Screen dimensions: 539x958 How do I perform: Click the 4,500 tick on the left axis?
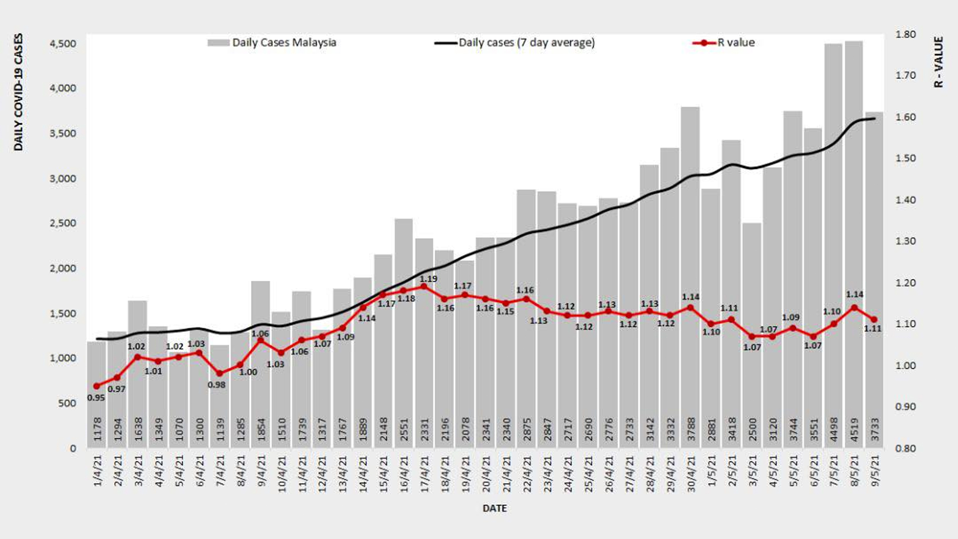coord(63,44)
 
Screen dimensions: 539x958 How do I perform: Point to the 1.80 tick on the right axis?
coord(906,34)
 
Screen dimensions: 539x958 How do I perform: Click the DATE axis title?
coord(494,509)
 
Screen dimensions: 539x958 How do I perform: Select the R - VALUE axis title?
coord(939,62)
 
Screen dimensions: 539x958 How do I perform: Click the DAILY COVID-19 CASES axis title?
coord(18,92)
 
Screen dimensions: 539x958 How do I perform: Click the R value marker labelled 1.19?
coord(424,287)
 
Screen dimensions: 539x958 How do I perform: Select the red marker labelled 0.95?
coord(97,386)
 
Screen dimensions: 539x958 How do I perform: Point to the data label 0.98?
coord(217,385)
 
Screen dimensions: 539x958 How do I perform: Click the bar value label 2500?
coord(752,429)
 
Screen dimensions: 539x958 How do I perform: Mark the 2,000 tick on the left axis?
coord(63,269)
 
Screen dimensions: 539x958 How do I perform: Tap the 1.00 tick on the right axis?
coord(906,365)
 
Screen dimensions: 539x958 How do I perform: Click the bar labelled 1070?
coord(179,399)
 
